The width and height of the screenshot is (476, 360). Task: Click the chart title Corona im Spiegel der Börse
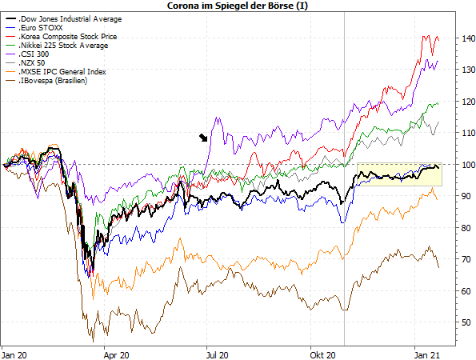[238, 6]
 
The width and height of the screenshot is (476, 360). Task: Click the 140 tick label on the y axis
[467, 38]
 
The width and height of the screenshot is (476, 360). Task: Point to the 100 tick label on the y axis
[467, 165]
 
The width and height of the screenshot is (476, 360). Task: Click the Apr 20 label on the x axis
[116, 355]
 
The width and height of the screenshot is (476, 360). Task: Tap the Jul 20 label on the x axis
[218, 355]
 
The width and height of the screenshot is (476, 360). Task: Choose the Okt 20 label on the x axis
[322, 355]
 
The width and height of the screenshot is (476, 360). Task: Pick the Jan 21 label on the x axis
[427, 355]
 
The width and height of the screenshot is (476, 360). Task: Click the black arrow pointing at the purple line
[203, 138]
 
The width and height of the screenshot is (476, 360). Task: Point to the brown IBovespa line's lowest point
[93, 342]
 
